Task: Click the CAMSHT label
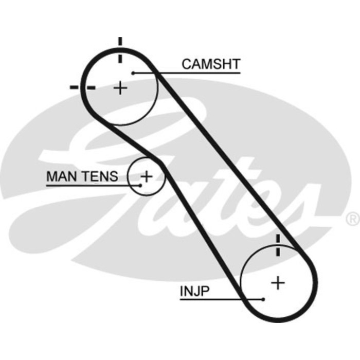[211, 64]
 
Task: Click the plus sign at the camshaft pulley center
[120, 88]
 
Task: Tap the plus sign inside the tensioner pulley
[147, 176]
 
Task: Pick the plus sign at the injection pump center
[278, 282]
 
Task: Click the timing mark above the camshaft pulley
[120, 49]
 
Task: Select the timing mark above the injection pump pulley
[278, 245]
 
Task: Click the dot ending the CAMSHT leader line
[133, 73]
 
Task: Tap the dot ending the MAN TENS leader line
[140, 185]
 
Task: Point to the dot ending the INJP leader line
[263, 299]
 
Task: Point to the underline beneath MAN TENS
[87, 185]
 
